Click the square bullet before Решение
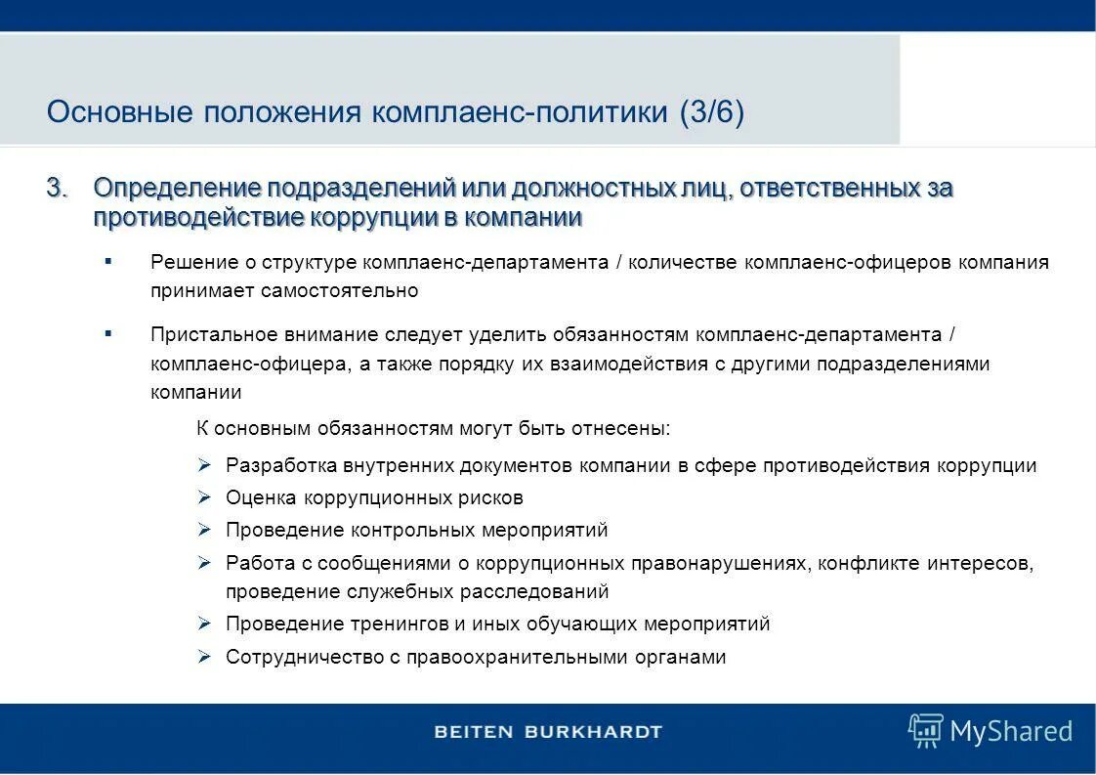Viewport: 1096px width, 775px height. [x=107, y=261]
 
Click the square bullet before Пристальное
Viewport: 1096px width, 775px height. [x=107, y=333]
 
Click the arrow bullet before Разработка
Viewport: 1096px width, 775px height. [x=204, y=465]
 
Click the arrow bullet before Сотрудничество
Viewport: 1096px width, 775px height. [x=204, y=657]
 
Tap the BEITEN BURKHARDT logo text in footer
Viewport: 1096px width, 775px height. [x=548, y=731]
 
